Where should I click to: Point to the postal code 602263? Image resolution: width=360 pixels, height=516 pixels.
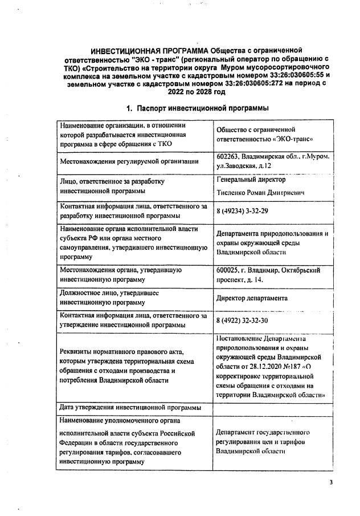click(227, 156)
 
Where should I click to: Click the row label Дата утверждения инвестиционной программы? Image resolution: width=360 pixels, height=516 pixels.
click(130, 407)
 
